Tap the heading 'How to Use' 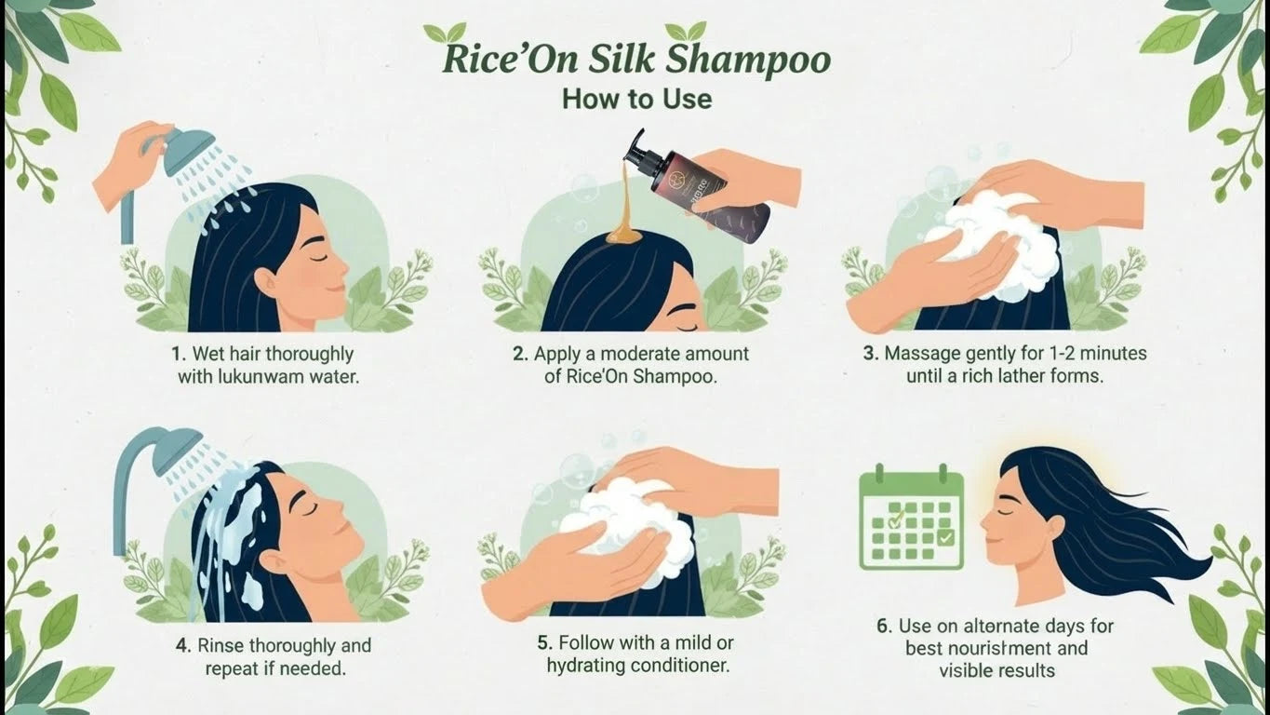tap(636, 100)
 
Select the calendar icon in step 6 tap(911, 517)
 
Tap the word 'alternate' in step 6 tap(969, 626)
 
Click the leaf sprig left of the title tap(445, 33)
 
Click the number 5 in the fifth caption tap(544, 643)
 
